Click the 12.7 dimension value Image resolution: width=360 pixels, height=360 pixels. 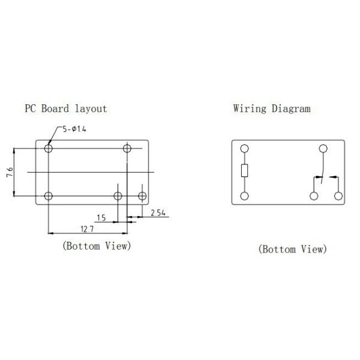[x=87, y=229]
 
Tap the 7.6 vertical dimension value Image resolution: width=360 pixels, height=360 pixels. [x=10, y=172]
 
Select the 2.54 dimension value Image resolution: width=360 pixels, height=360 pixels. [x=158, y=213]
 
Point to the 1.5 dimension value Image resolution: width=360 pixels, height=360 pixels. [x=101, y=218]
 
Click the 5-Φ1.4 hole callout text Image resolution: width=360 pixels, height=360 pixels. [x=74, y=129]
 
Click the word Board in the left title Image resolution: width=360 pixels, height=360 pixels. [x=55, y=109]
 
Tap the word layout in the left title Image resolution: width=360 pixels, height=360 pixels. [x=91, y=109]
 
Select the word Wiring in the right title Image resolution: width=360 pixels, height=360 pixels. [x=250, y=109]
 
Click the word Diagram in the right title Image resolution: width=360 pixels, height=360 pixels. [x=291, y=109]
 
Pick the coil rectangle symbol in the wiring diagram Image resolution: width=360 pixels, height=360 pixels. [x=245, y=170]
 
